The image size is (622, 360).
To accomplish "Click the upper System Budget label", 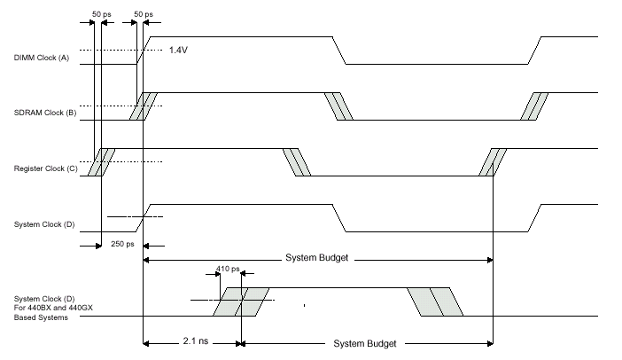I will pyautogui.click(x=316, y=258).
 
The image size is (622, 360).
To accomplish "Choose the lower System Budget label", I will pyautogui.click(x=364, y=343).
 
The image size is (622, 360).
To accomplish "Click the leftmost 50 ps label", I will pyautogui.click(x=101, y=16).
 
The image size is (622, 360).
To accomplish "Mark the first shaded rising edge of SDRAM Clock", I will pyautogui.click(x=144, y=106).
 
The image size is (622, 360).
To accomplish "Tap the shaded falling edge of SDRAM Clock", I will pyautogui.click(x=338, y=106).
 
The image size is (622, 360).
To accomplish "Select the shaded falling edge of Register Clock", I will pyautogui.click(x=296, y=162).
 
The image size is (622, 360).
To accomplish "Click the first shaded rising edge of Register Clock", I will pyautogui.click(x=102, y=162).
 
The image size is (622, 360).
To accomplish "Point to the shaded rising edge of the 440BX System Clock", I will pyautogui.click(x=240, y=302).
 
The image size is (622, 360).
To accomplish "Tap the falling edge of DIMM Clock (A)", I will pyautogui.click(x=338, y=51).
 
